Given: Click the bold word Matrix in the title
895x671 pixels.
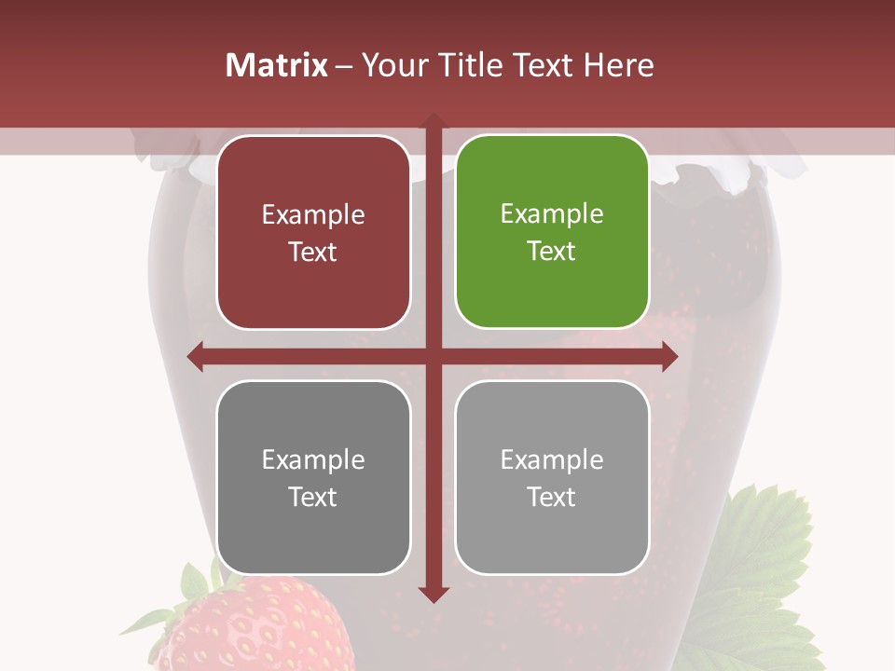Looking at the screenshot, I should (x=277, y=65).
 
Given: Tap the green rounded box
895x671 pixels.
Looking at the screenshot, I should (x=552, y=232).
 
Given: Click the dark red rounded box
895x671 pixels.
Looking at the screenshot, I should (x=313, y=232).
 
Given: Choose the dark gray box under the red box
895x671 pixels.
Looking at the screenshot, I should (x=313, y=477).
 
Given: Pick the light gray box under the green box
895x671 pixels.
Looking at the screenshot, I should (x=552, y=477).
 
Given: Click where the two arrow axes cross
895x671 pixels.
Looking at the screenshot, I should (x=433, y=356).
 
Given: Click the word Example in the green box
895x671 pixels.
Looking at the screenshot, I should (x=552, y=214).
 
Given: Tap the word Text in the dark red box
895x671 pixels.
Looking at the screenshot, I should (x=313, y=252).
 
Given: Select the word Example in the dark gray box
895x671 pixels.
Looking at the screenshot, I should (x=313, y=459).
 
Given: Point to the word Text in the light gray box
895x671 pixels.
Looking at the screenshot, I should (x=552, y=497).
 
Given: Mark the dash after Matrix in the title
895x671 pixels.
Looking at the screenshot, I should (x=344, y=66).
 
